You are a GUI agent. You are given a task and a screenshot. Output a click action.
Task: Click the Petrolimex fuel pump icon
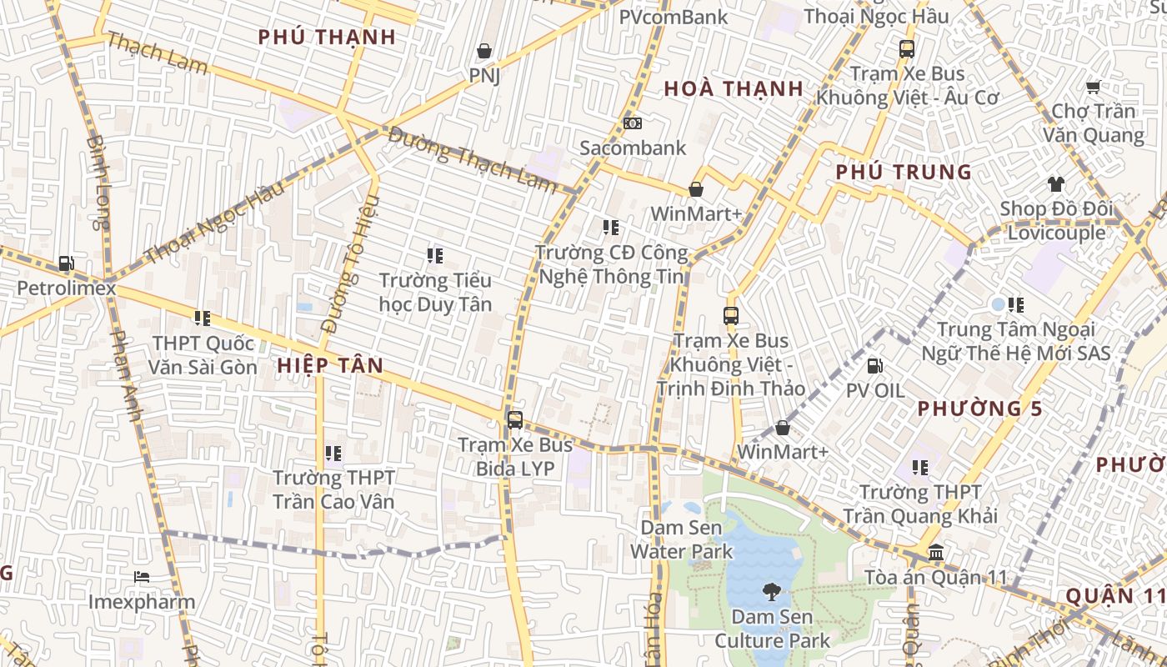click(x=66, y=264)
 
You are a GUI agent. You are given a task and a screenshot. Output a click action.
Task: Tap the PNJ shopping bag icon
click(x=483, y=52)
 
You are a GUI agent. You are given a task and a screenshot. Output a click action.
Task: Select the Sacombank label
click(x=633, y=148)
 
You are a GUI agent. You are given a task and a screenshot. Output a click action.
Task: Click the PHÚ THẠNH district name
click(x=327, y=38)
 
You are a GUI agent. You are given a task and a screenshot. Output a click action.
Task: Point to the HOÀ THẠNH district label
click(x=734, y=89)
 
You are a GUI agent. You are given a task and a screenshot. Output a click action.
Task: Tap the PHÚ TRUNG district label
click(x=904, y=173)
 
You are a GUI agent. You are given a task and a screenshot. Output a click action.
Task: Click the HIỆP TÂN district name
click(x=330, y=365)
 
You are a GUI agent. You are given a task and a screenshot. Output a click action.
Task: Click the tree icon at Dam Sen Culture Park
click(x=772, y=593)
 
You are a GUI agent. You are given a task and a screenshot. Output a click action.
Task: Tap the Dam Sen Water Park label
click(x=681, y=539)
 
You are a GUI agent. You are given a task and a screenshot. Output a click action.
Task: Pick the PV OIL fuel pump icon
click(x=874, y=365)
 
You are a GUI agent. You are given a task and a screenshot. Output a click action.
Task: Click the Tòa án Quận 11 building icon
click(x=936, y=552)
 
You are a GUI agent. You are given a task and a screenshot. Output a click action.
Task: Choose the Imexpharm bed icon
click(x=141, y=577)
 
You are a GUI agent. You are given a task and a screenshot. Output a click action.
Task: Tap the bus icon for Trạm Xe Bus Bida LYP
click(x=515, y=419)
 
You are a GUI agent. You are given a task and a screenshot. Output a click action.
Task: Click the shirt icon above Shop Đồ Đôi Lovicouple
click(x=1056, y=184)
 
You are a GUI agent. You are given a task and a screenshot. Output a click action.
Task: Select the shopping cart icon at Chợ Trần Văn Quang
click(x=1093, y=87)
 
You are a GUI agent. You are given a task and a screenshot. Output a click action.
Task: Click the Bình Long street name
click(x=98, y=182)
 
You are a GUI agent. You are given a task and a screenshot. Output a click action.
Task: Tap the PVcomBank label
click(x=674, y=17)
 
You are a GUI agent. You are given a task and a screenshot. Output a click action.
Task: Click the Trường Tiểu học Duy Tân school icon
click(x=434, y=255)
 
